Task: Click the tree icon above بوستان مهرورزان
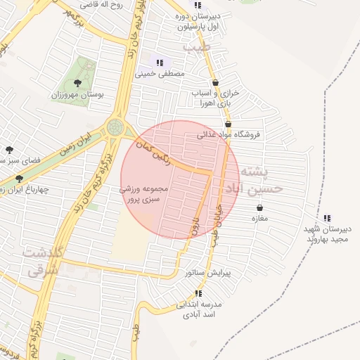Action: point(87,83)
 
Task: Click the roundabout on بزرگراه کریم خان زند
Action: point(115,128)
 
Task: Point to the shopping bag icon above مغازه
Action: point(261,207)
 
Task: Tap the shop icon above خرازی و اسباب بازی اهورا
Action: point(215,82)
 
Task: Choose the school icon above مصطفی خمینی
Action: point(160,63)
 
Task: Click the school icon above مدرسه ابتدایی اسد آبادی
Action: point(199,293)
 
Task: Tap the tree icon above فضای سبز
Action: point(9,150)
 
